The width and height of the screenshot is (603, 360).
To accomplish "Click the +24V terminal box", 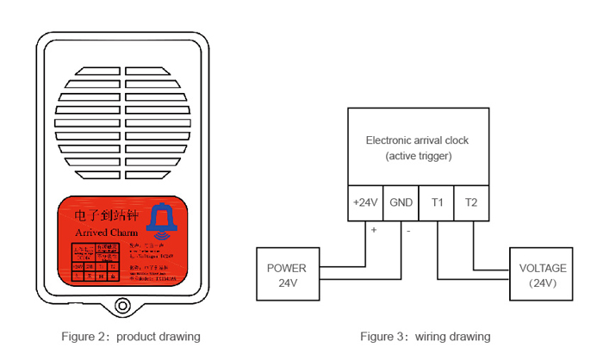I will click(x=365, y=202).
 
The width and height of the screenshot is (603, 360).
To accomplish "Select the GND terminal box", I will click(x=401, y=202).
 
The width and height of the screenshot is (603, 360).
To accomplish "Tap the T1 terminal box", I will click(x=437, y=202).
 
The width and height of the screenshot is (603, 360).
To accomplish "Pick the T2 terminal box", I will click(x=471, y=202).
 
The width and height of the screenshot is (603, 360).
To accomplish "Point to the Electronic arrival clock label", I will click(x=418, y=140).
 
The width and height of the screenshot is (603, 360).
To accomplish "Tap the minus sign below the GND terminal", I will click(x=408, y=230).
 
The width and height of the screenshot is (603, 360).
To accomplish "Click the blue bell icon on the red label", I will click(x=162, y=220).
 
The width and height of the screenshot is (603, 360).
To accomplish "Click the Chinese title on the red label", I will click(x=106, y=213).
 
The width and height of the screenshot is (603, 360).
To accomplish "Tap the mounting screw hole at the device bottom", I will click(x=120, y=306).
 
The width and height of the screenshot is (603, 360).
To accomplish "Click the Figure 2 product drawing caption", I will click(x=130, y=336).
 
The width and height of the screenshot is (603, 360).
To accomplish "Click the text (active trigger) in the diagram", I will click(x=418, y=156).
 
